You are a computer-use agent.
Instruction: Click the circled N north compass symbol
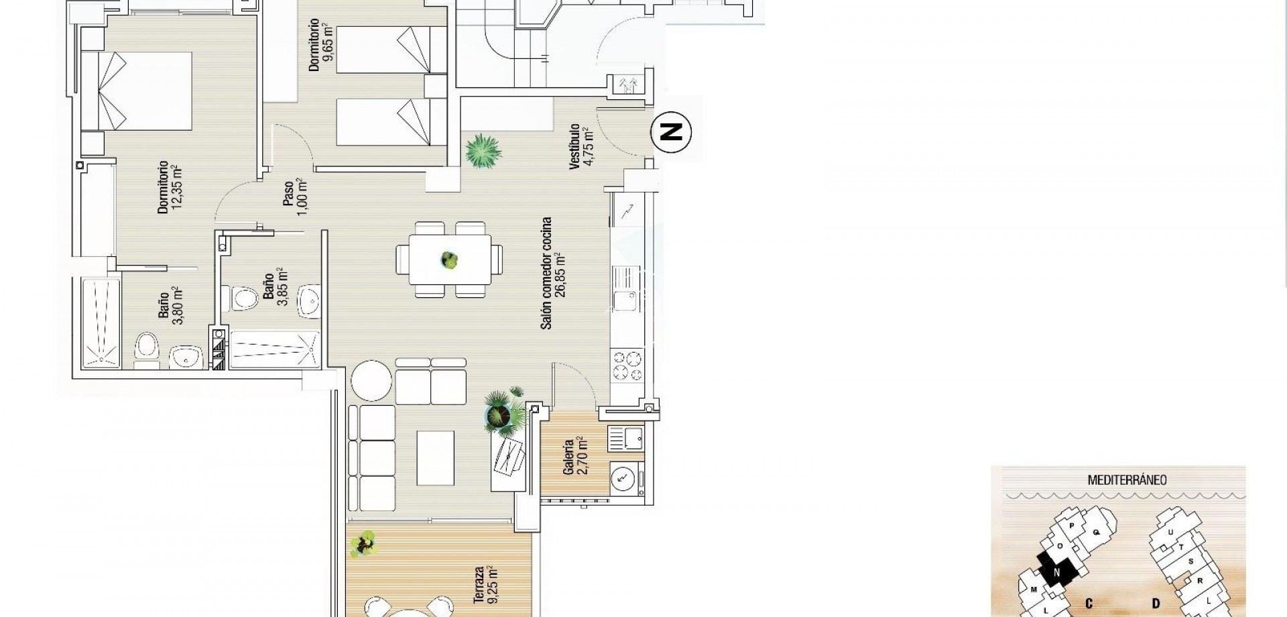tap(671, 132)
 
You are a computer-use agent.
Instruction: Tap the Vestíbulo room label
tap(580, 146)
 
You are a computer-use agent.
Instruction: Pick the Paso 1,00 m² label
tap(294, 195)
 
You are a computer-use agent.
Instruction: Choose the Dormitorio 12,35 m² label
tap(169, 187)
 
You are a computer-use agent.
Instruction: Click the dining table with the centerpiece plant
tap(448, 259)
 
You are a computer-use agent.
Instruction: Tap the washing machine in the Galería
tap(624, 478)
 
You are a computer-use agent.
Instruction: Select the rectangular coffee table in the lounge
tap(435, 457)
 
